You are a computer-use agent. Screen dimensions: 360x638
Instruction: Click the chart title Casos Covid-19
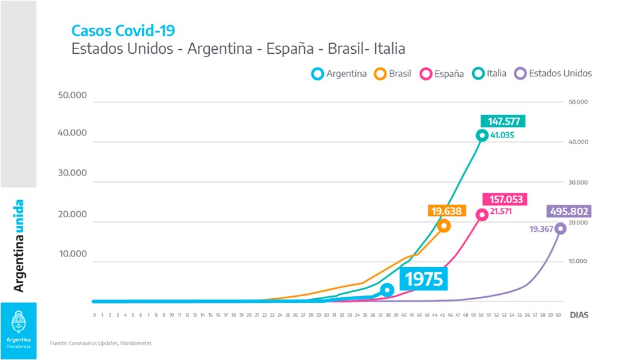pos(124,30)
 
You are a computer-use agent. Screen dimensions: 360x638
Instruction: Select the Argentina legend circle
pos(318,74)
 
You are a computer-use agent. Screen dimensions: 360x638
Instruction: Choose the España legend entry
pos(442,74)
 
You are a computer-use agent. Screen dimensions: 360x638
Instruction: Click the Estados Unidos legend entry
pos(554,74)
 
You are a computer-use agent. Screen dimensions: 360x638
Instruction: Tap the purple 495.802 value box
pos(569,211)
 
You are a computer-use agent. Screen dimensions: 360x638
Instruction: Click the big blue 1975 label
pos(424,279)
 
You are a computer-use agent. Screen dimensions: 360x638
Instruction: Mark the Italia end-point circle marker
pos(482,135)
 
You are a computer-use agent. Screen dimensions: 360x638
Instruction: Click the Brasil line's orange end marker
pos(443,226)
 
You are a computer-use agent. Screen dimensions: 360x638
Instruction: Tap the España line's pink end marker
pos(482,214)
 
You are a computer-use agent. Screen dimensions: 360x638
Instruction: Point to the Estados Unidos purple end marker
pos(560,228)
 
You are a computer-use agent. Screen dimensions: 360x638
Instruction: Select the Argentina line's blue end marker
pos(387,290)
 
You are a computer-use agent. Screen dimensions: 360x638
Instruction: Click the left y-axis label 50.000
pos(73,95)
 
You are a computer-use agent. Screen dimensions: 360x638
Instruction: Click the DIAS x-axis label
pos(579,315)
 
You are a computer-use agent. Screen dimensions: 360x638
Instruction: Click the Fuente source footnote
pos(101,343)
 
